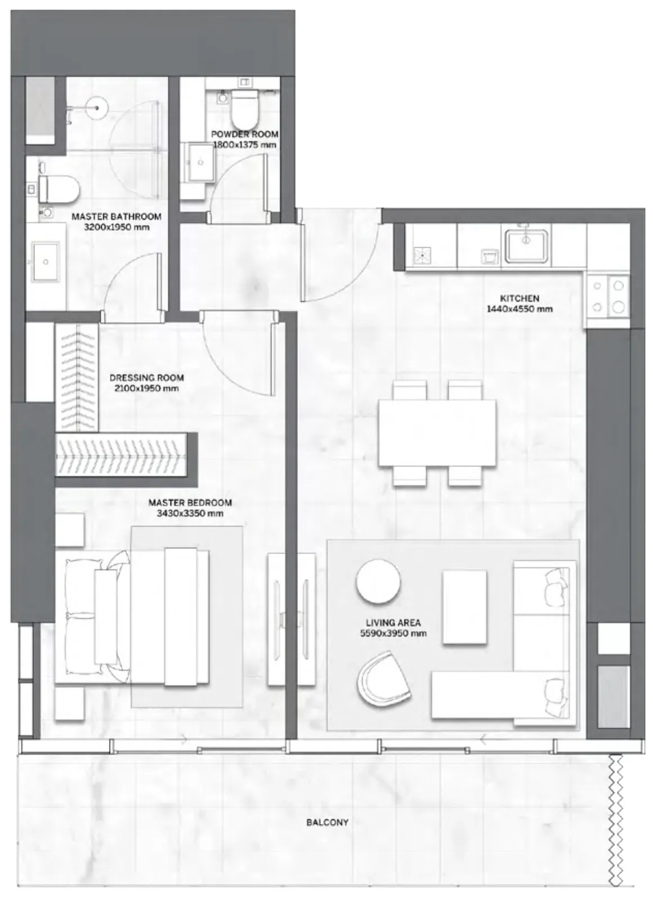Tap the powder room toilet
pos(244,108)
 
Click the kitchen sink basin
pos(526,246)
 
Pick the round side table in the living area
pos(378,581)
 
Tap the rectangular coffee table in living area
pos(464,607)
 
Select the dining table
pos(437,433)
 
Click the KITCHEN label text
pos(519,298)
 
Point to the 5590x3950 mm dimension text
pos(393,633)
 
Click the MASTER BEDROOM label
pos(190,502)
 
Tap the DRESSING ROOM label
pos(146,378)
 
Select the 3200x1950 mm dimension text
pos(117,227)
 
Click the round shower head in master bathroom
pos(97,108)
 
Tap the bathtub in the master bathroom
pos(40,110)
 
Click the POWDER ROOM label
pos(244,135)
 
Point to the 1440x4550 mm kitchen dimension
pos(519,309)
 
